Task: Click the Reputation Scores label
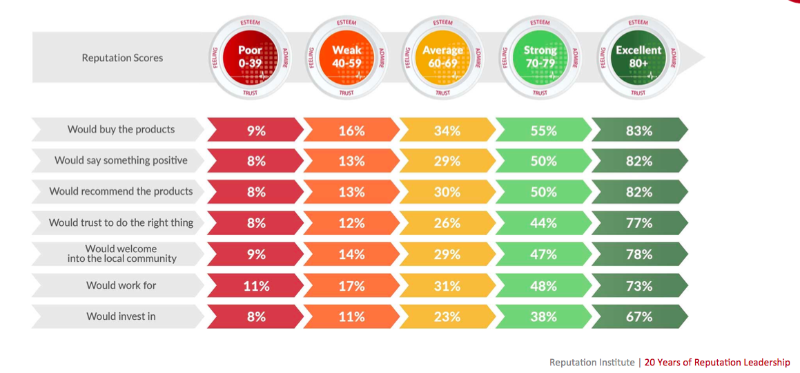pos(122,58)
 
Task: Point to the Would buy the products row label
pos(121,129)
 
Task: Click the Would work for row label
pos(121,285)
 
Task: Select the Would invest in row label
pos(121,316)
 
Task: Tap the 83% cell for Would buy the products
pos(639,130)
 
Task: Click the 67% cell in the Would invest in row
pos(639,317)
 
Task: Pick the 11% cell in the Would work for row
pos(255,285)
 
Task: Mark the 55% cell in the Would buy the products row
pos(543,130)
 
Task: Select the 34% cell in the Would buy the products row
pos(447,130)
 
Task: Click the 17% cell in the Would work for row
pos(351,285)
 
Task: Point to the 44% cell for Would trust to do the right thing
pos(543,223)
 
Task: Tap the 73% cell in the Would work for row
pos(639,285)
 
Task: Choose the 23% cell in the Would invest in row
pos(447,317)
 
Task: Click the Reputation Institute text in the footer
pos(592,363)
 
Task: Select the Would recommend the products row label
pos(121,191)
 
